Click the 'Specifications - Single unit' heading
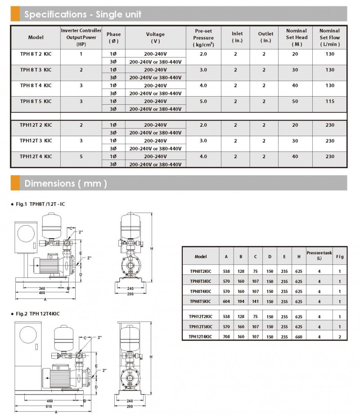pos(83,14)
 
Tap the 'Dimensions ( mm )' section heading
pos(66,183)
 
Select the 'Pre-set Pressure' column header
pos(203,38)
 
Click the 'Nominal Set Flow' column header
pos(329,38)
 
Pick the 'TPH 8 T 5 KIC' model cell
pos(36,101)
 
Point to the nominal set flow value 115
pos(329,101)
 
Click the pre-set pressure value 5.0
pos(203,101)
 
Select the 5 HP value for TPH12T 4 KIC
pos(81,156)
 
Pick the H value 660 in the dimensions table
pos(299,335)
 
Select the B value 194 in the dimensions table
pos(241,301)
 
